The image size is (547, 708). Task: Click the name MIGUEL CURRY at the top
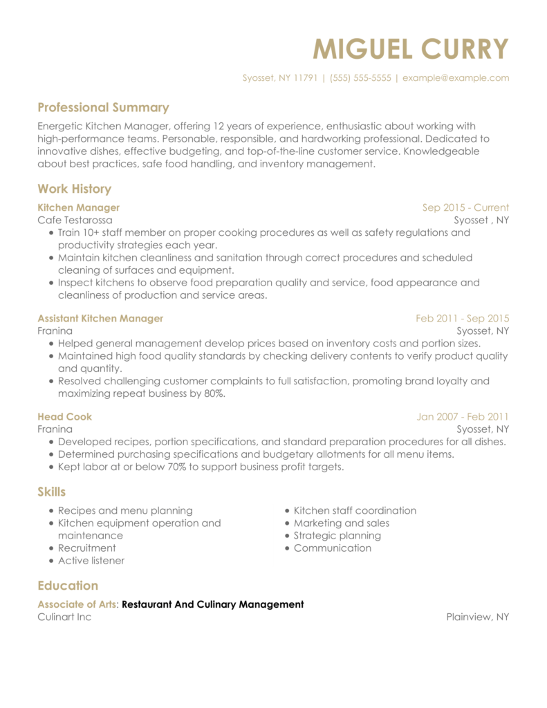coord(411,49)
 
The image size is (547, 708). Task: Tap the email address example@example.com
coord(456,78)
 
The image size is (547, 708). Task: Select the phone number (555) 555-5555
coord(360,78)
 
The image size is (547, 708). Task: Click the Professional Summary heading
coord(103,107)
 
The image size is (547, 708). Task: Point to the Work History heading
coord(74,189)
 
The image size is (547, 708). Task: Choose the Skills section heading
coord(52,492)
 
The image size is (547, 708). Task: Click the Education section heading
coord(68,586)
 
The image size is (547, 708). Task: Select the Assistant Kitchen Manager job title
coord(100,319)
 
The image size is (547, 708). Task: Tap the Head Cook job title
coord(64,417)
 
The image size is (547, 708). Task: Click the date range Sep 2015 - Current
coord(465,207)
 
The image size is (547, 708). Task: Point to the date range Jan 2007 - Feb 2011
coord(463,417)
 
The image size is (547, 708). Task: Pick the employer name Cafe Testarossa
coord(75,220)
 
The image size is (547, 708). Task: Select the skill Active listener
coord(91,561)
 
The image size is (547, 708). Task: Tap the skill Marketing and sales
coord(342,523)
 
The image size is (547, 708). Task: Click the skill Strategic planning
coord(337,536)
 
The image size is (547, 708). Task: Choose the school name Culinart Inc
coord(64,617)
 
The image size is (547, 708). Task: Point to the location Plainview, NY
coord(478,617)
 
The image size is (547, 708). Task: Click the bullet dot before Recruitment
coord(52,548)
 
